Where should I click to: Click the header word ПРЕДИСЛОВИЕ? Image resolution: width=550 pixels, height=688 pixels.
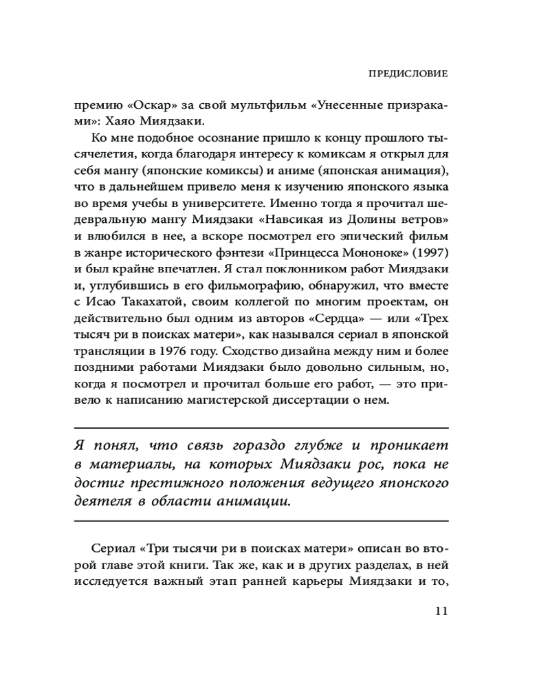pyautogui.click(x=408, y=72)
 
